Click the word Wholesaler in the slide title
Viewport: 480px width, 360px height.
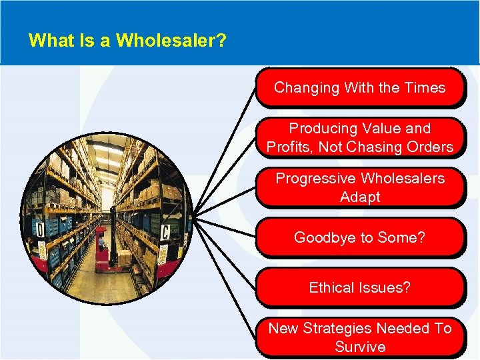coord(171,41)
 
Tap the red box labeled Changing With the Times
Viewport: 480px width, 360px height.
coord(359,88)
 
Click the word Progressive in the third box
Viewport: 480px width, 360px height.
coord(315,178)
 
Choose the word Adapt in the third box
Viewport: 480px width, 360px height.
coord(360,197)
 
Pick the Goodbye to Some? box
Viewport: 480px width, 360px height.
coord(359,238)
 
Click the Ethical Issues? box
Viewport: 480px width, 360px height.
coord(359,288)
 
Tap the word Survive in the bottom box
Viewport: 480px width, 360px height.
coord(360,347)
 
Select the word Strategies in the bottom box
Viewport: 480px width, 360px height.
coord(338,328)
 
